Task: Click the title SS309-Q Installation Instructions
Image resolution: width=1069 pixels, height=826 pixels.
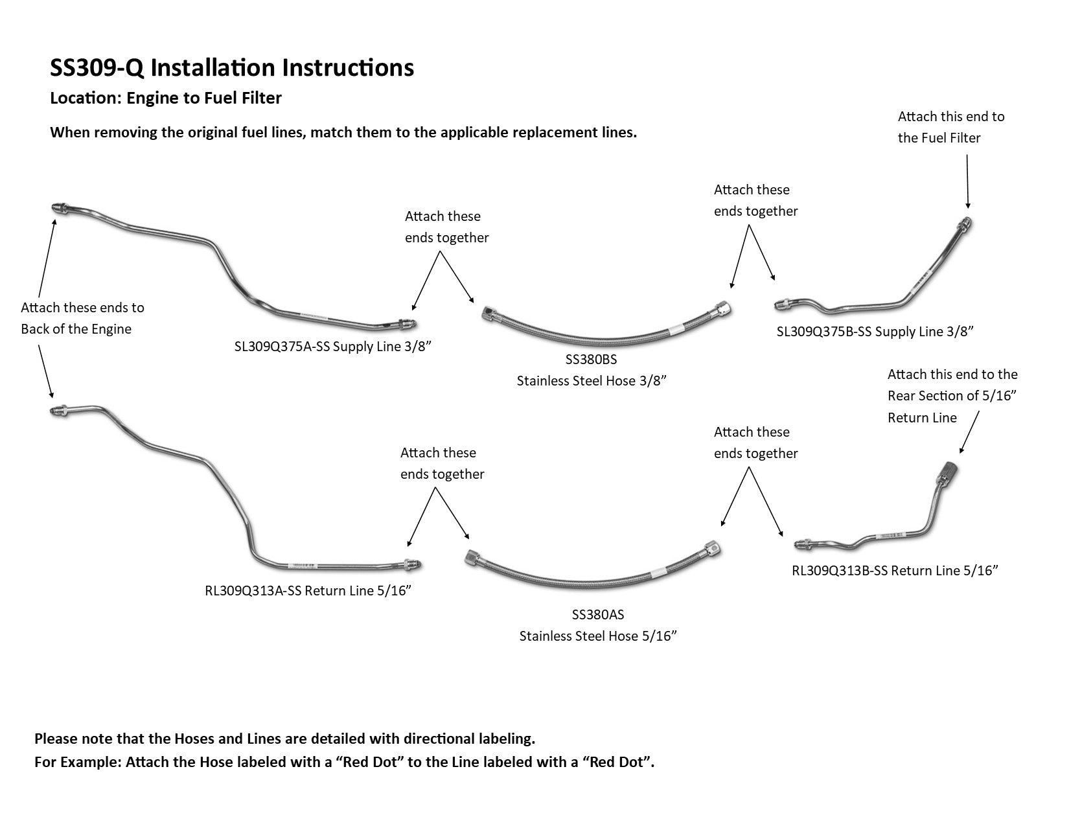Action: [232, 68]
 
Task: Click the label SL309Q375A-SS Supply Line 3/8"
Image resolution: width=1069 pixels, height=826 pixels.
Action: [333, 347]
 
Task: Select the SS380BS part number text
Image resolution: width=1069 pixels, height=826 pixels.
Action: [591, 359]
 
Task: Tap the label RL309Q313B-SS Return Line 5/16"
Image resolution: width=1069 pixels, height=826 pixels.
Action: [895, 571]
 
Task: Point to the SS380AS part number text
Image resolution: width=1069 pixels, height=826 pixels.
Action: [598, 615]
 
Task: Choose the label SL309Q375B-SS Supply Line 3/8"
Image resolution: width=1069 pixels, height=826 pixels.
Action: [875, 332]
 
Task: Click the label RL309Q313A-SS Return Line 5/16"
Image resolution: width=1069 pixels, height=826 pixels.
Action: [308, 591]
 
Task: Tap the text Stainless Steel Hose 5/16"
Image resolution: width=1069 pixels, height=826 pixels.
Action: [598, 636]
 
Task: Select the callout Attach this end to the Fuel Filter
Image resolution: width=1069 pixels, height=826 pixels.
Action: [950, 127]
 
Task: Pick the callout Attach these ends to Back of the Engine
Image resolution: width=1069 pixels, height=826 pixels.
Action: [82, 318]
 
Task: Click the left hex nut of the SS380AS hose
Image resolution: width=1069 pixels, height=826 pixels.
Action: [472, 556]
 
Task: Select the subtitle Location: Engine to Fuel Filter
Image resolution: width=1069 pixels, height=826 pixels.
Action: [166, 98]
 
